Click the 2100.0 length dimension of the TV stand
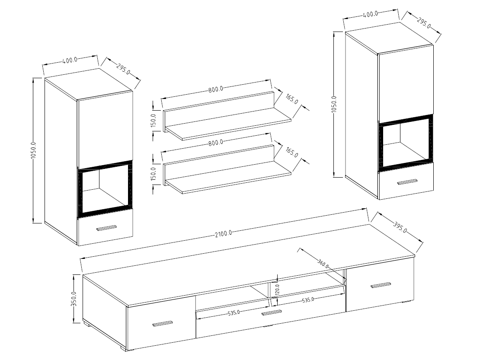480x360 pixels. [223, 233]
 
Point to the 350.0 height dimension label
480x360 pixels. [74, 299]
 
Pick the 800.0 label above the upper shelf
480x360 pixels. [215, 90]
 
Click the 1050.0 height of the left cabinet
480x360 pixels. [34, 151]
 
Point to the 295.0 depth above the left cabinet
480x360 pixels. [123, 69]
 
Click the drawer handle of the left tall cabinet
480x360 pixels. [106, 228]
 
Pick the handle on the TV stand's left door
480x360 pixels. [162, 324]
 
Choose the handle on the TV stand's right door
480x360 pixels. [381, 285]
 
